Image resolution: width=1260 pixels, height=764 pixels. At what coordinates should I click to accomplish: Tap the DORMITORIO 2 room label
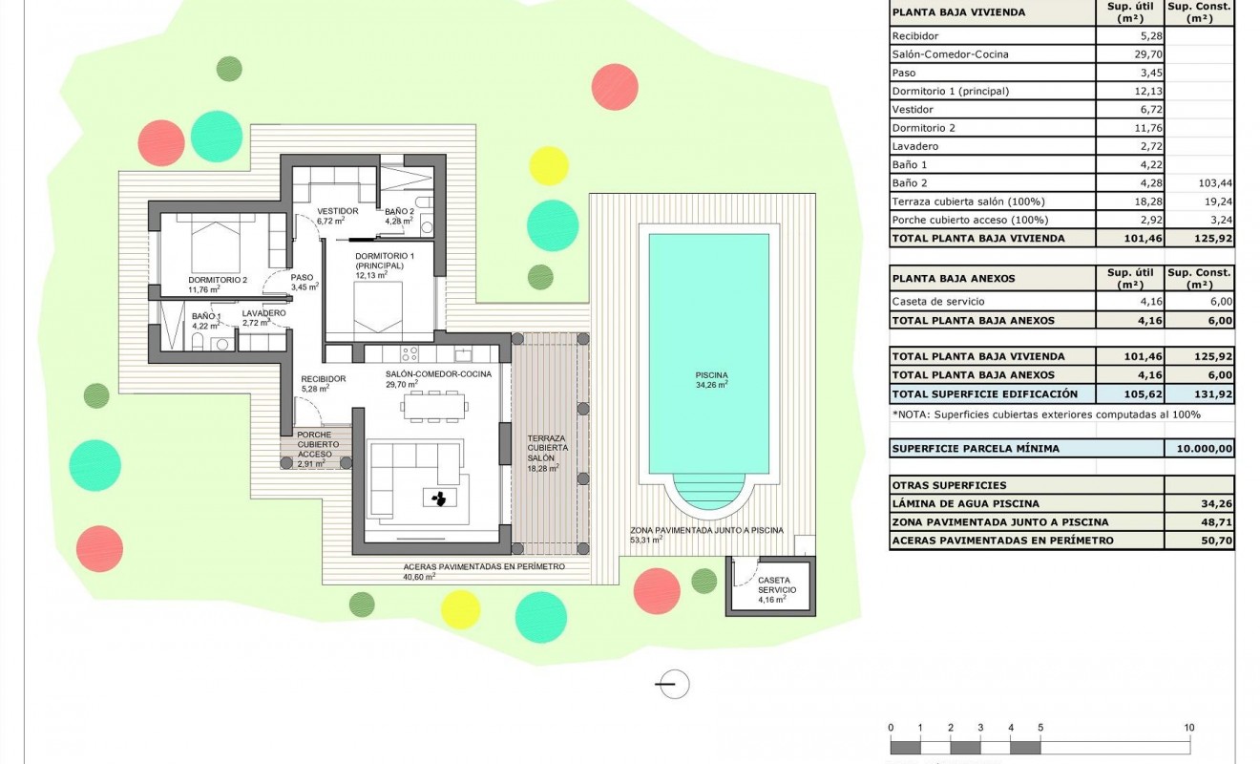coord(217,280)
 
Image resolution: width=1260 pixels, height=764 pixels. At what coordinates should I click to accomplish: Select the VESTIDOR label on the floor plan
coord(337,211)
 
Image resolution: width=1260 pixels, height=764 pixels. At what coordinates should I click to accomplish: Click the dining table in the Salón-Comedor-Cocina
coord(434,408)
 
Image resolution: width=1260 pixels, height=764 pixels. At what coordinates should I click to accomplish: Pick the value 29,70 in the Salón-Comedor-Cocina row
coord(1129,54)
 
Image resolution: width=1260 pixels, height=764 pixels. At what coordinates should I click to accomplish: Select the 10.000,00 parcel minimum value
coord(1199,448)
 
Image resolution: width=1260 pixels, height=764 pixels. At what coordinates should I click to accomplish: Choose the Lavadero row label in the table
coord(914,146)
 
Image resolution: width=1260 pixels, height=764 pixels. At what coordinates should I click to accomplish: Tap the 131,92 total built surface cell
coord(1199,393)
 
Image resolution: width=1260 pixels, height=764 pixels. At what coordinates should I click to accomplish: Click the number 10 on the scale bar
coord(1188,728)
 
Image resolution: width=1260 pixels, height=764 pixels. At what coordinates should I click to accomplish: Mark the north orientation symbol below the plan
coord(673,684)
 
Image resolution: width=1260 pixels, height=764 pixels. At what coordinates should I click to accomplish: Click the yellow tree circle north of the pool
coord(548,165)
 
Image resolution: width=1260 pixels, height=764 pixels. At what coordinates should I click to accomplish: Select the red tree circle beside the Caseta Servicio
coord(657,589)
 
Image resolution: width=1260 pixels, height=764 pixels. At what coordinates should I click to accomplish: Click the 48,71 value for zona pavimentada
coord(1199,521)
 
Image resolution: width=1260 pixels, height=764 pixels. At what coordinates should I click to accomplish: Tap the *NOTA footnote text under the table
coord(1045,414)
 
